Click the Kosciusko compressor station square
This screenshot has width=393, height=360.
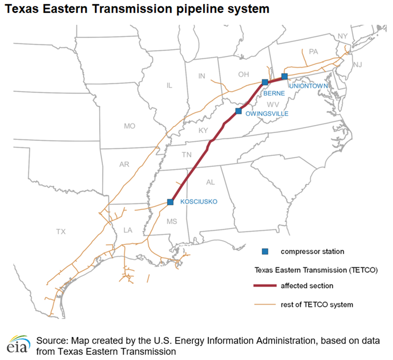coord(170,202)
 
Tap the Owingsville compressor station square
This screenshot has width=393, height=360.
coord(238,111)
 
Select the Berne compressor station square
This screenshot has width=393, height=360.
coord(265,82)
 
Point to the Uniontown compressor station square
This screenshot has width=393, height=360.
coord(284,76)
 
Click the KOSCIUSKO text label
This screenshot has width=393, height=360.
coord(199,202)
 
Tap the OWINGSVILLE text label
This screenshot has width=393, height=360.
coord(266,113)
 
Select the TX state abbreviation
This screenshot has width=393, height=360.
coord(61,232)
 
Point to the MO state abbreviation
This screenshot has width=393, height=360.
coord(130,126)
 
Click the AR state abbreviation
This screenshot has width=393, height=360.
coord(124,164)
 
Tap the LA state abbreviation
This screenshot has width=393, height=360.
coord(128,230)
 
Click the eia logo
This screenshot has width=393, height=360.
coord(17,346)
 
